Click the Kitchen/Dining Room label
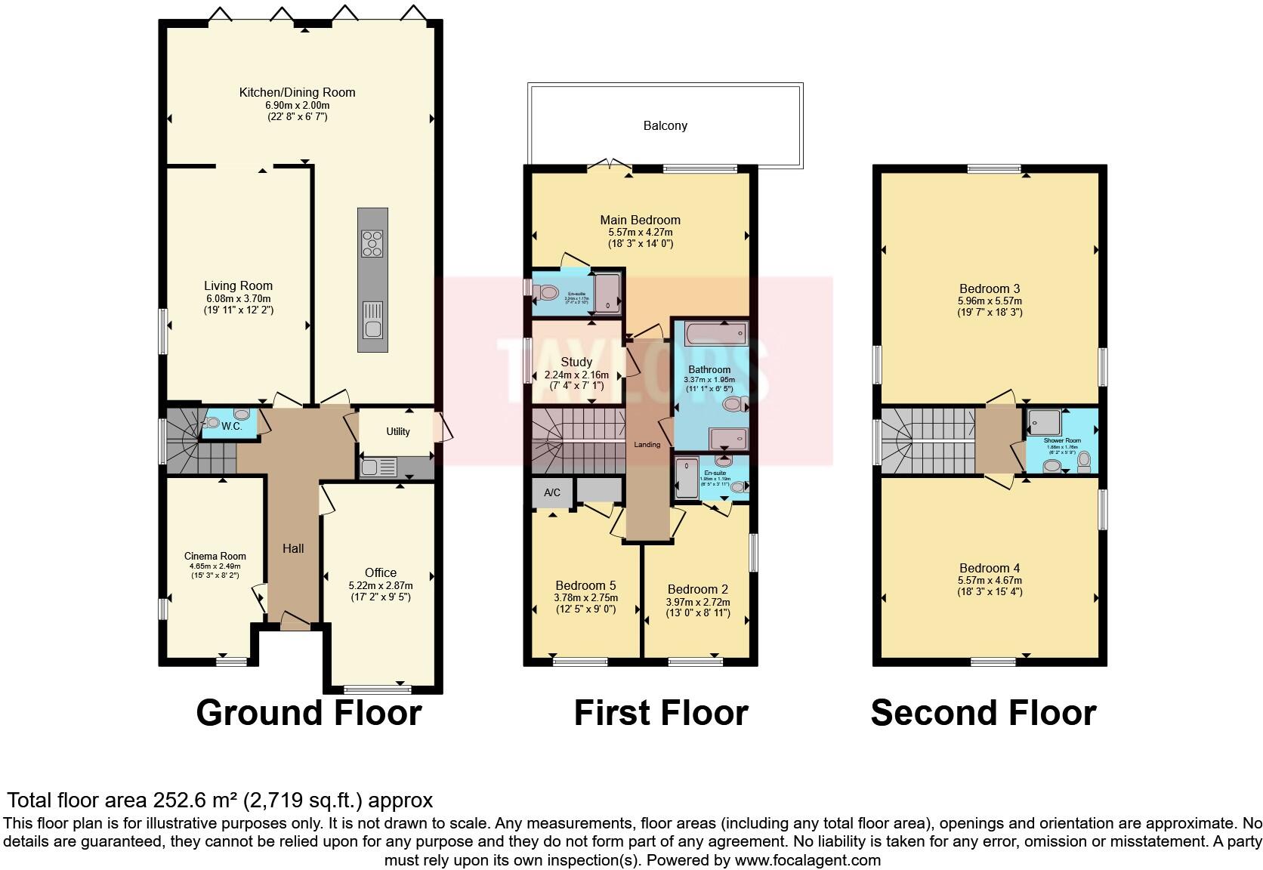coord(297,92)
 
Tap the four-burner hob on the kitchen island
coord(372,243)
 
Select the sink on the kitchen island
coord(372,321)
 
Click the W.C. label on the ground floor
coord(231,427)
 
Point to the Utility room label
coord(398,431)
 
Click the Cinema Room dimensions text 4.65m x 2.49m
coord(215,566)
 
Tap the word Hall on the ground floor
coord(293,548)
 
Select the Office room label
coord(381,572)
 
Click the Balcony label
coord(665,125)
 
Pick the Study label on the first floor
coord(576,362)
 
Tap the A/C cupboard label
coord(552,493)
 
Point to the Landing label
coord(647,444)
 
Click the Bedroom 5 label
coord(585,585)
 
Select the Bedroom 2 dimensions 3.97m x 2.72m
coord(698,602)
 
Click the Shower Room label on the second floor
coord(1062,440)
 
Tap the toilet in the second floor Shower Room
coord(1085,458)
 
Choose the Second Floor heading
coord(983,713)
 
